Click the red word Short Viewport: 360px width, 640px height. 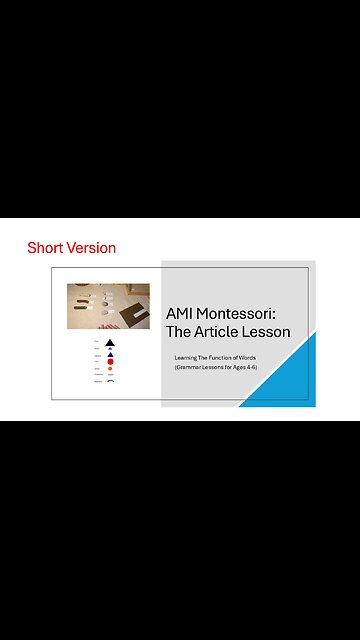tap(45, 248)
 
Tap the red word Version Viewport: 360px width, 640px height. tap(90, 248)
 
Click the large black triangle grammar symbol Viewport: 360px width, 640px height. tap(110, 343)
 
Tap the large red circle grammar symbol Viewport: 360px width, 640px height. tap(110, 362)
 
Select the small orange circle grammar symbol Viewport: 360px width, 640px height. tap(110, 369)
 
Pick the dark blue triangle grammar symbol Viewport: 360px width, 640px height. tap(110, 355)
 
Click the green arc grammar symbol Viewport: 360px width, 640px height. tap(110, 382)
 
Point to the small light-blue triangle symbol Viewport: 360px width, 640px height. tap(110, 349)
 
